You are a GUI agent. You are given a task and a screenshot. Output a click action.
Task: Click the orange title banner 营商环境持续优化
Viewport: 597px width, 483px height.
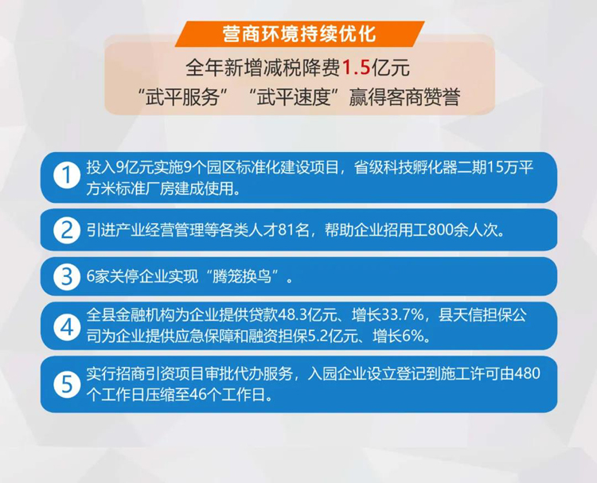tap(299, 34)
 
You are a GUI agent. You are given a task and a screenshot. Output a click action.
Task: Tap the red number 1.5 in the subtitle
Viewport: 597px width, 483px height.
tap(357, 68)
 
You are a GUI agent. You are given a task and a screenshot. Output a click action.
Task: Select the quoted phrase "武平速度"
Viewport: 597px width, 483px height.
tap(293, 96)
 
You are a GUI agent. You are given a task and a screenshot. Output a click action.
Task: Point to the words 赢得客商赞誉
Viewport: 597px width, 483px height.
tap(404, 96)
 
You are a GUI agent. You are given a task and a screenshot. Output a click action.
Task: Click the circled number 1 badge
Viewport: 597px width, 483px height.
tap(67, 176)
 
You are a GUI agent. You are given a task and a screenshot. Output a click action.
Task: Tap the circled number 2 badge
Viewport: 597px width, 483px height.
tap(67, 230)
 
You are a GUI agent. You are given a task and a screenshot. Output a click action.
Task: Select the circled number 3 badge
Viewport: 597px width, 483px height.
tap(67, 277)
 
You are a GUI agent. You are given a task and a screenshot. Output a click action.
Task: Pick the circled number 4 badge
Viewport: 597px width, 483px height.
tap(67, 326)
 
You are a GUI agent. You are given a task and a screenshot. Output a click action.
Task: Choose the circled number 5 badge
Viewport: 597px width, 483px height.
tap(67, 384)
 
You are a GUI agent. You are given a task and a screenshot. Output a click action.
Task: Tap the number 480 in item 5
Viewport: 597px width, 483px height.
tap(527, 373)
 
